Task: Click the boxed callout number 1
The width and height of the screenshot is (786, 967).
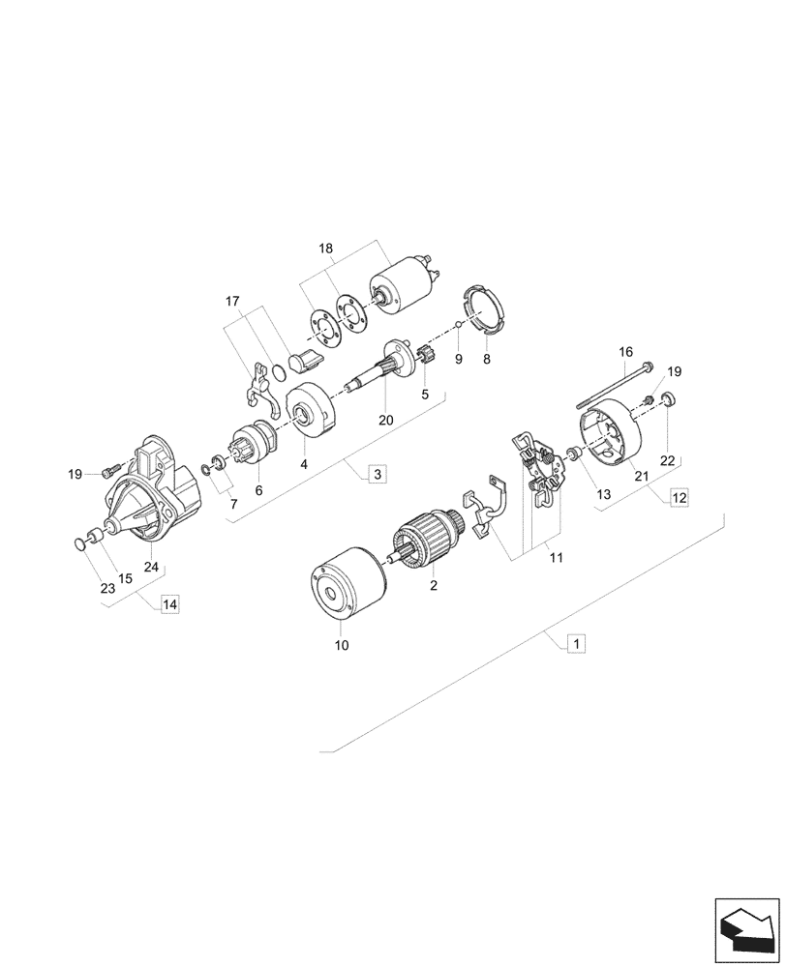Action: [x=575, y=642]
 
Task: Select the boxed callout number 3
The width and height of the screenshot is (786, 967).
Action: [x=377, y=474]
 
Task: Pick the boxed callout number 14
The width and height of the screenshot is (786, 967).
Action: [x=169, y=604]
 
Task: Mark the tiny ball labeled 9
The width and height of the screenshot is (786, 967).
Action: [x=461, y=326]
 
